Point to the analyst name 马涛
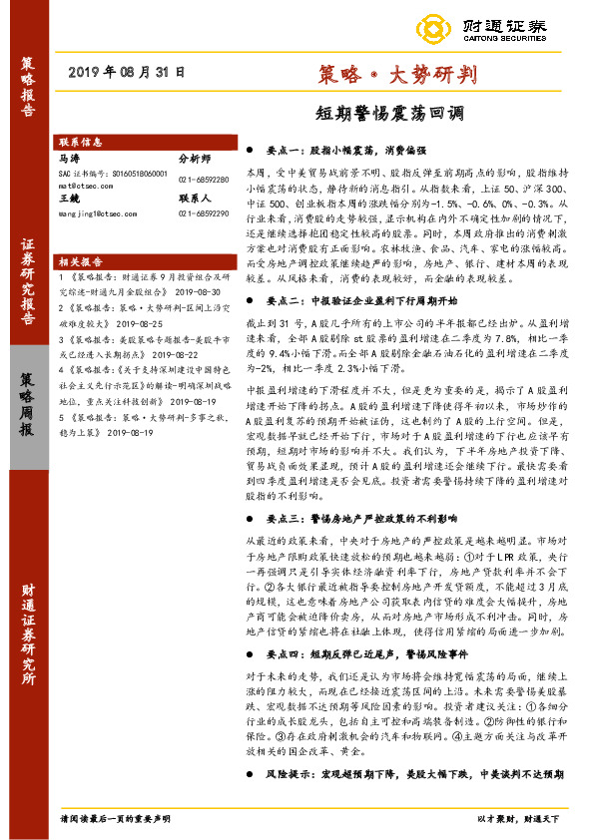[x=70, y=158]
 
